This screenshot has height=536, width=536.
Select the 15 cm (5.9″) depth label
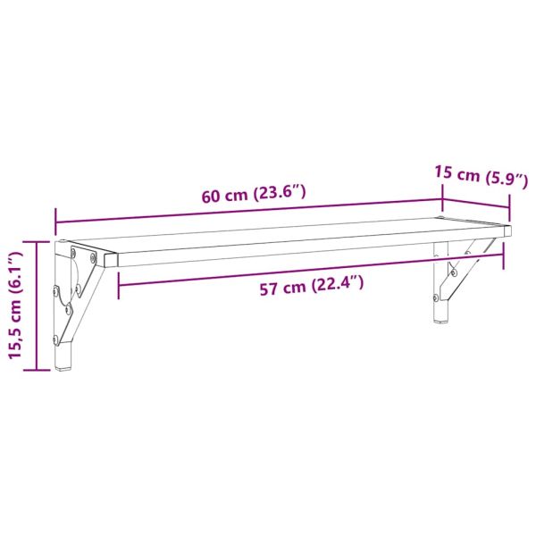(x=473, y=175)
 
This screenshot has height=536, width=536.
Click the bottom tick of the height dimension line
(x=37, y=369)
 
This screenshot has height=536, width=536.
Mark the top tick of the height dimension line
(x=37, y=241)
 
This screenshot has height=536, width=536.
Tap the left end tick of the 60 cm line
(x=55, y=218)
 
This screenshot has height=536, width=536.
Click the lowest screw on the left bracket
(x=59, y=339)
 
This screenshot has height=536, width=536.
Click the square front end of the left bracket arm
(x=110, y=259)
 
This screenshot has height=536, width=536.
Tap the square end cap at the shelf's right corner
(x=507, y=230)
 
